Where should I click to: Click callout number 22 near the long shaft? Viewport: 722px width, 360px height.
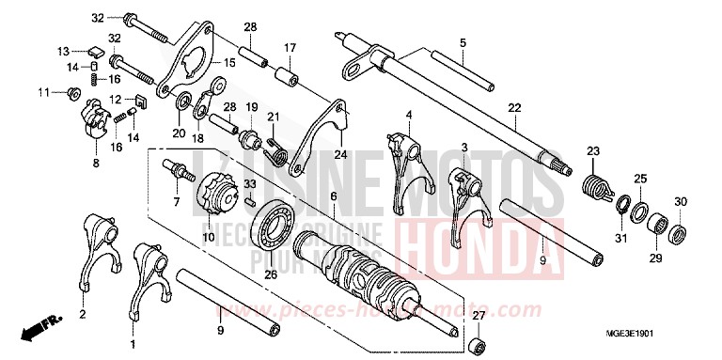click(513, 108)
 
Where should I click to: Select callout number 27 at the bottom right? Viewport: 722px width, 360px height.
click(479, 316)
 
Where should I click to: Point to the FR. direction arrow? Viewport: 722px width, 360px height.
click(41, 327)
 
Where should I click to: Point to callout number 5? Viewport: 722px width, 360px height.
click(463, 42)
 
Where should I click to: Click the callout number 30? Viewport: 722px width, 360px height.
click(681, 200)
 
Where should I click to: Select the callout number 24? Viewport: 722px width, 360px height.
click(340, 154)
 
